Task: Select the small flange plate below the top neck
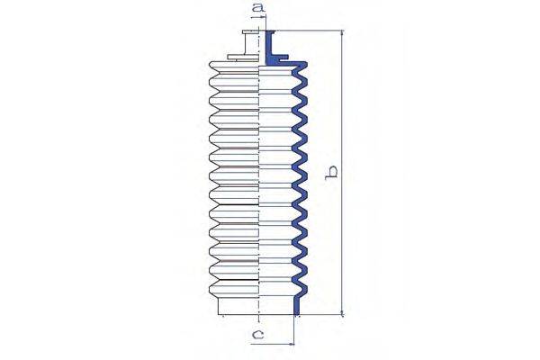point(242,58)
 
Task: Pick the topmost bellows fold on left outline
point(212,69)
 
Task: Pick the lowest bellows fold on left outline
point(212,289)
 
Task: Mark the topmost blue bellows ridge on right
point(304,70)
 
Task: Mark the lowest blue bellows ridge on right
point(304,289)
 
